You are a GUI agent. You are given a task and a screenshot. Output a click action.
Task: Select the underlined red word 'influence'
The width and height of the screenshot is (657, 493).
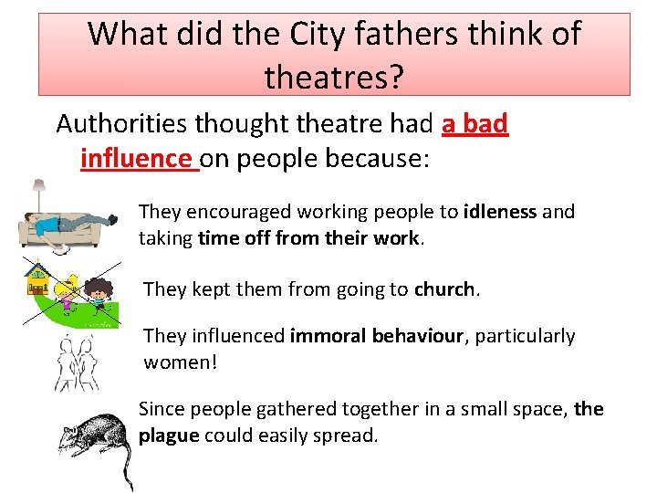point(137,158)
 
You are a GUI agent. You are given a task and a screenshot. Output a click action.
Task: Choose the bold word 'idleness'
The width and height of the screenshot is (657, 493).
point(500,212)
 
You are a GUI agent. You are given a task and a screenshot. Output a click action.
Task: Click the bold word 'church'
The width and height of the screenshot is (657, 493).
point(445,289)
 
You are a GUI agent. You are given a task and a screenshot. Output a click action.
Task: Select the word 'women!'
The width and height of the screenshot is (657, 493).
point(181,362)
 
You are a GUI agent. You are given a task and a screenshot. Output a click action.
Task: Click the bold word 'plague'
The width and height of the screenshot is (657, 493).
point(169,435)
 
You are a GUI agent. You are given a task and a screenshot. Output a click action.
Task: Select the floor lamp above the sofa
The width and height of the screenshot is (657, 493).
point(39,196)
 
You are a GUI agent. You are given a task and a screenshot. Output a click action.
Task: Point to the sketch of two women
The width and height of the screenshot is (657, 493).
point(78,361)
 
